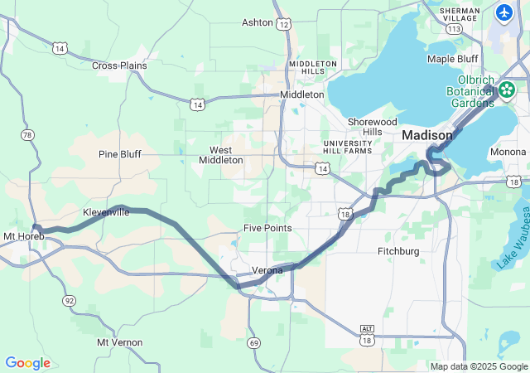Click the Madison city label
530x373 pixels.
pos(427,135)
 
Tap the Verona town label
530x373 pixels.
pos(267,270)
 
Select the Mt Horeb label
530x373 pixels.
pos(23,237)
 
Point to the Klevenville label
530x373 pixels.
pos(106,212)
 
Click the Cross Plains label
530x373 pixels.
pos(119,65)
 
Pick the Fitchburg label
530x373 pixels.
pos(398,251)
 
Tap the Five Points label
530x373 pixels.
pos(267,228)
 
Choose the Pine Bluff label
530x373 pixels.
pos(120,154)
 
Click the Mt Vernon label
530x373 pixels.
pos(120,342)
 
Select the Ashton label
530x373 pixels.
pos(257,22)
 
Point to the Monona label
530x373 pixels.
pos(508,152)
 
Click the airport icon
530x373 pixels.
pos(504,12)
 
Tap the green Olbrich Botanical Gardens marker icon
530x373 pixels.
pos(507,89)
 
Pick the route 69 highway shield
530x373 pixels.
pos(254,319)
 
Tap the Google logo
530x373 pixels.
pos(27,363)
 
